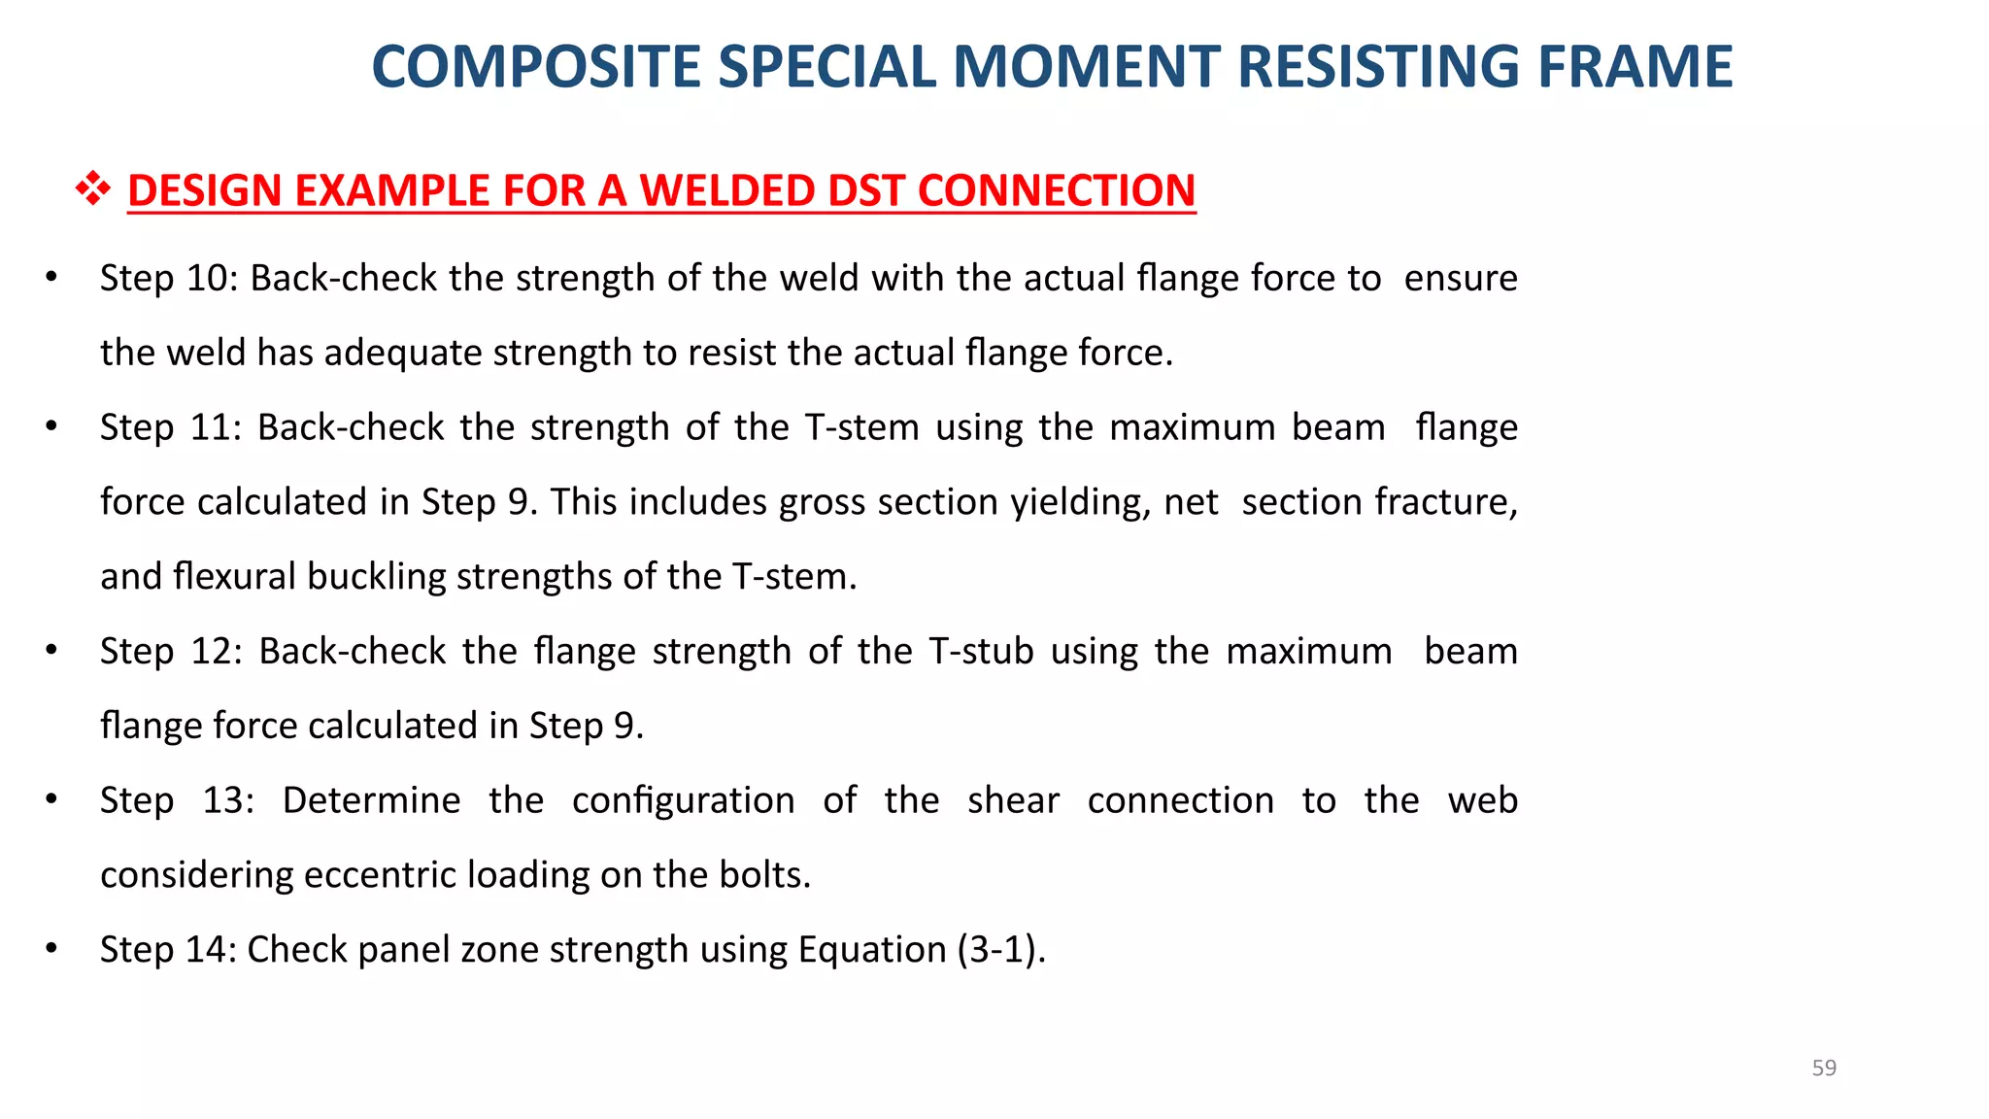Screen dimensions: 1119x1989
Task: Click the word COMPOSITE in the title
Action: [535, 68]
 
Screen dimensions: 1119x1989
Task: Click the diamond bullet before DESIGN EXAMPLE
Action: [93, 188]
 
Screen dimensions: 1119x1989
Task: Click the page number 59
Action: [1824, 1068]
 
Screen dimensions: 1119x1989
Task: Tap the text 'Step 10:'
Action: [168, 279]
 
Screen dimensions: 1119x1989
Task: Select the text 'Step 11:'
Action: [170, 427]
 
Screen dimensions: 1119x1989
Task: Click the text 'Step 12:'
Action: [171, 651]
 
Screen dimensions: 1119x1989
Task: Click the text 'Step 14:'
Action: [168, 949]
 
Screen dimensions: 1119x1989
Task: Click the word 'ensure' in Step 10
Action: [1460, 279]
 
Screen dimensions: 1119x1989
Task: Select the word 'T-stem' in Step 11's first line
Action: [861, 427]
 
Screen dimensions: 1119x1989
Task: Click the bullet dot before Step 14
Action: [51, 948]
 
